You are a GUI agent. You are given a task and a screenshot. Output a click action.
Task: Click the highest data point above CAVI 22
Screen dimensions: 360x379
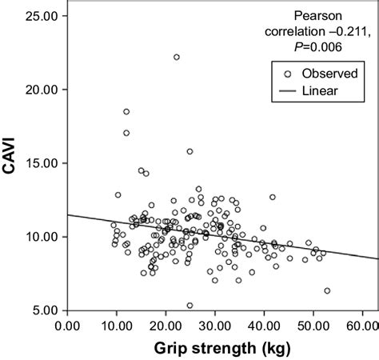177,57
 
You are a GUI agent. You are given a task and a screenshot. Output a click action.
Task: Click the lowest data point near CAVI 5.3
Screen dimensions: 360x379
189,305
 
